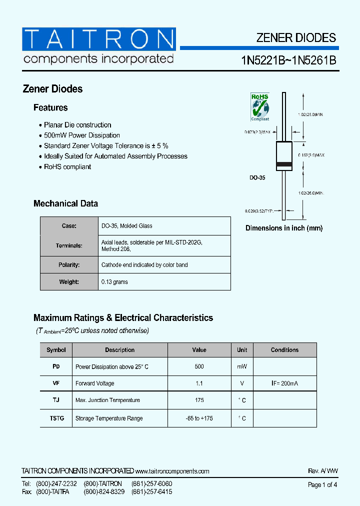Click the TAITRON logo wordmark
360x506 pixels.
(x=98, y=39)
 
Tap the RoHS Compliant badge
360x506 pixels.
(x=259, y=106)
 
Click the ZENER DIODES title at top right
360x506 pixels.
(x=296, y=38)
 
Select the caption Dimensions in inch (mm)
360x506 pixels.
(x=284, y=228)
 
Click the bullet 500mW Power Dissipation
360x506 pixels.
(x=82, y=135)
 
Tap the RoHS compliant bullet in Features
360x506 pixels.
(x=67, y=167)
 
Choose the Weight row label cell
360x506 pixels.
(x=69, y=282)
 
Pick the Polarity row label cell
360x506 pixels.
(x=69, y=265)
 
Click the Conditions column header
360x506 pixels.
(x=284, y=350)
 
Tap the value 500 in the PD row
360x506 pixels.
(x=199, y=367)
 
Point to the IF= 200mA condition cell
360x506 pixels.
(x=284, y=383)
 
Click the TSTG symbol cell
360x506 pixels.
(x=56, y=418)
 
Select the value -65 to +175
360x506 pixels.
(x=199, y=418)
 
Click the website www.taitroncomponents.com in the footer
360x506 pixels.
(x=172, y=471)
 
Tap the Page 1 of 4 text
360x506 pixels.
(x=322, y=485)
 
